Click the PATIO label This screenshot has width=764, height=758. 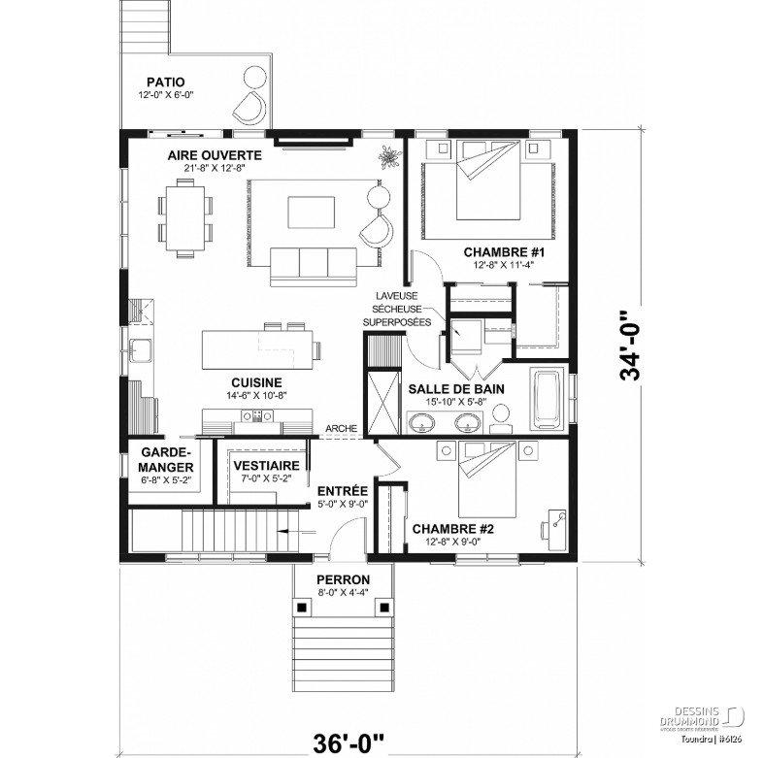click(x=166, y=82)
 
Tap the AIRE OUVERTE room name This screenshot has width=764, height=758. click(x=215, y=155)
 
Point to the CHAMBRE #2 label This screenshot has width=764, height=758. click(x=453, y=529)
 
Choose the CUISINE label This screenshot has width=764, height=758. click(x=256, y=382)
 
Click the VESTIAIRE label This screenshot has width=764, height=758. click(x=264, y=466)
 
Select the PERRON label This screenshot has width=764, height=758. click(x=342, y=579)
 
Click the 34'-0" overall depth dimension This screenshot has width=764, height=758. click(x=634, y=346)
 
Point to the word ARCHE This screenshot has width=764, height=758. click(x=342, y=429)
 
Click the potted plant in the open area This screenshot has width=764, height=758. click(x=388, y=155)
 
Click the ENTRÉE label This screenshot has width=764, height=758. click(x=342, y=491)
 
